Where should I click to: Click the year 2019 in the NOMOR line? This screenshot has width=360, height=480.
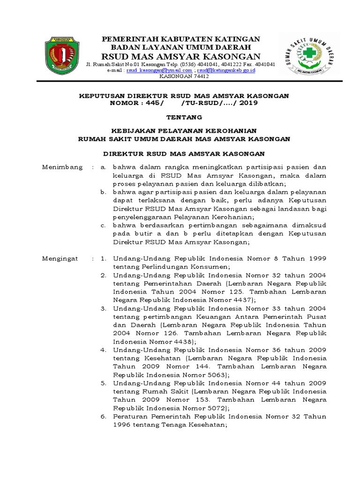(246, 103)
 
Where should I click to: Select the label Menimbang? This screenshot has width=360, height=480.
(62, 167)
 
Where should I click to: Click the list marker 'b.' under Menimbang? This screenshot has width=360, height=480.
(104, 192)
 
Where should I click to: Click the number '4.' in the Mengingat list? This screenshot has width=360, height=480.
(104, 350)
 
